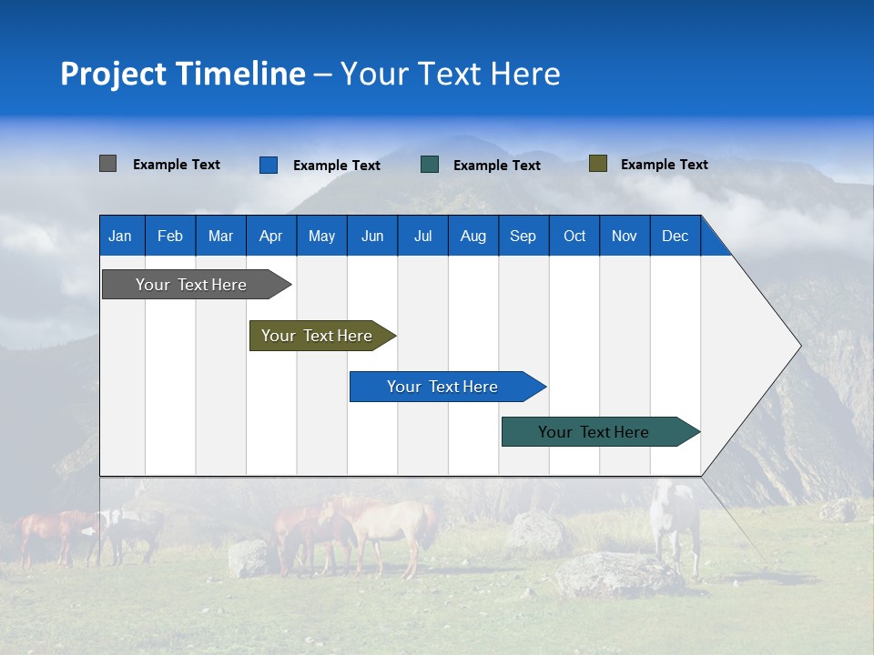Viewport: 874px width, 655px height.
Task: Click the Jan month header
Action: (120, 236)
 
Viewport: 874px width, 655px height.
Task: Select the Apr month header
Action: (270, 236)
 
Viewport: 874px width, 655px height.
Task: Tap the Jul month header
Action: (422, 236)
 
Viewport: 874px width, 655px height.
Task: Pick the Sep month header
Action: (523, 236)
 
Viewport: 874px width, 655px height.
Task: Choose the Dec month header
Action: (675, 236)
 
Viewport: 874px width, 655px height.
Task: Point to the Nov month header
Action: (624, 236)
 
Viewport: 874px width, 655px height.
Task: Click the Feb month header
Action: (170, 236)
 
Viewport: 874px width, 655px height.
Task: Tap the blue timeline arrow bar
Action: (443, 387)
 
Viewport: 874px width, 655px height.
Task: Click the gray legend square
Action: (107, 164)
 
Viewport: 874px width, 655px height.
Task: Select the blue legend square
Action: (268, 165)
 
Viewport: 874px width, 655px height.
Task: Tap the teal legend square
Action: (430, 165)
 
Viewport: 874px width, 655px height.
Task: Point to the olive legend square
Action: (597, 164)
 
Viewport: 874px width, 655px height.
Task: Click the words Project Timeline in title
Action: (183, 74)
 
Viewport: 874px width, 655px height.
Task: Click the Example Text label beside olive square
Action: (664, 165)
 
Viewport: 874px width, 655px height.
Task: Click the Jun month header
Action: (372, 236)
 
